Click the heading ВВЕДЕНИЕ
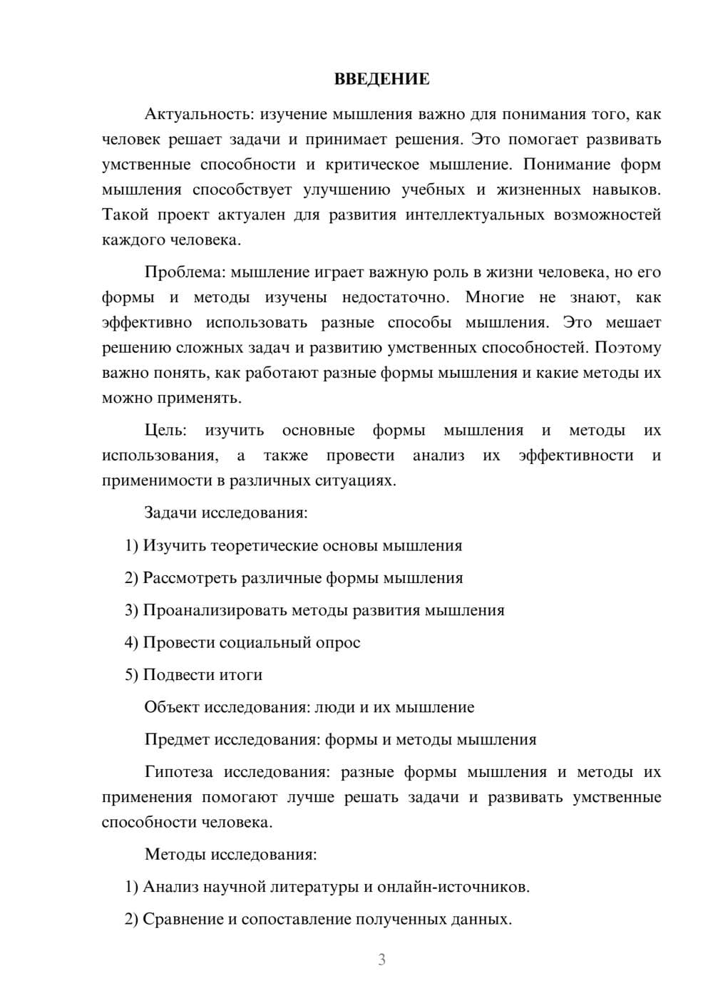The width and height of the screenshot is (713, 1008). pos(381,79)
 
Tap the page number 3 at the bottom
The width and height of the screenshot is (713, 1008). pos(381,960)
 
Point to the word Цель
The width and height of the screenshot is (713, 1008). pos(165,431)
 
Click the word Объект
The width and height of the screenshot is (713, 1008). pos(172,707)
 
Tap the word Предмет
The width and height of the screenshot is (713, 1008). pos(177,739)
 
